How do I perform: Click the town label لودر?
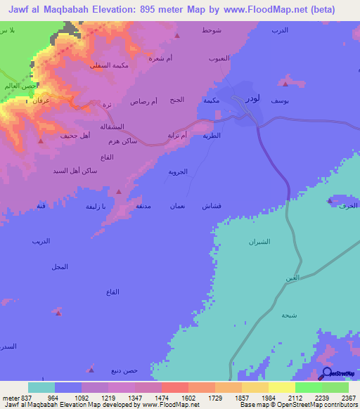click(x=252, y=99)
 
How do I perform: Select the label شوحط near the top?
click(x=211, y=32)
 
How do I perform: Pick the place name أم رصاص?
click(x=143, y=101)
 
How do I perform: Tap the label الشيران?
click(x=259, y=242)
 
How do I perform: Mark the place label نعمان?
click(x=176, y=206)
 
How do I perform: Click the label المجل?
click(x=60, y=266)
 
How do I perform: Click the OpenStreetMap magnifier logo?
click(x=326, y=372)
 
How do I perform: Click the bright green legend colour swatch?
click(x=308, y=387)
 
